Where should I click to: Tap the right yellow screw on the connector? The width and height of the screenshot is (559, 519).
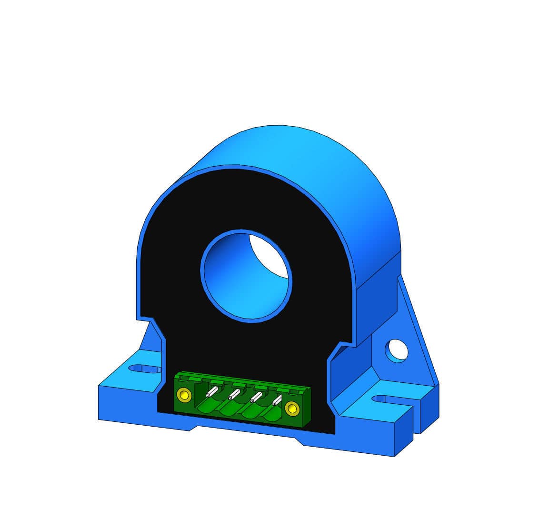291,408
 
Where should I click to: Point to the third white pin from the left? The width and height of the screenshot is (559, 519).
256,397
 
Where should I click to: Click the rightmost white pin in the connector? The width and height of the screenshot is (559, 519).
277,400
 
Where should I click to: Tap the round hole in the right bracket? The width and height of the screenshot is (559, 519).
397,350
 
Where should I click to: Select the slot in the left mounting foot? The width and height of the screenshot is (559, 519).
145,369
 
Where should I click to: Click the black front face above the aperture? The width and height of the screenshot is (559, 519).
238,200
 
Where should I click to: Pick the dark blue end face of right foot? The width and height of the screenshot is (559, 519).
403,433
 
